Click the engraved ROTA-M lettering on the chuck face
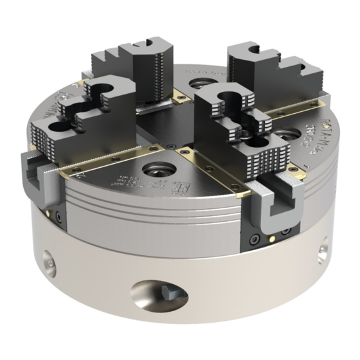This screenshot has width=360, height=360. click(x=313, y=135)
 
